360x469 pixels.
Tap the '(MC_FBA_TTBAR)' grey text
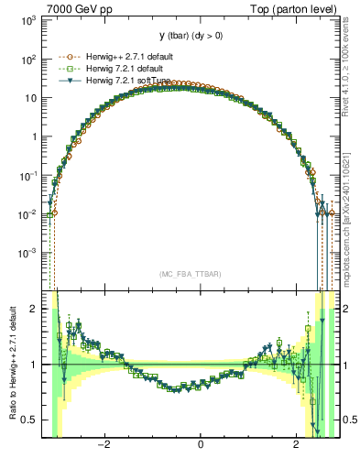190,274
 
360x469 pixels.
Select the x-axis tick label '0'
200,443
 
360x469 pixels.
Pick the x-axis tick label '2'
295,443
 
